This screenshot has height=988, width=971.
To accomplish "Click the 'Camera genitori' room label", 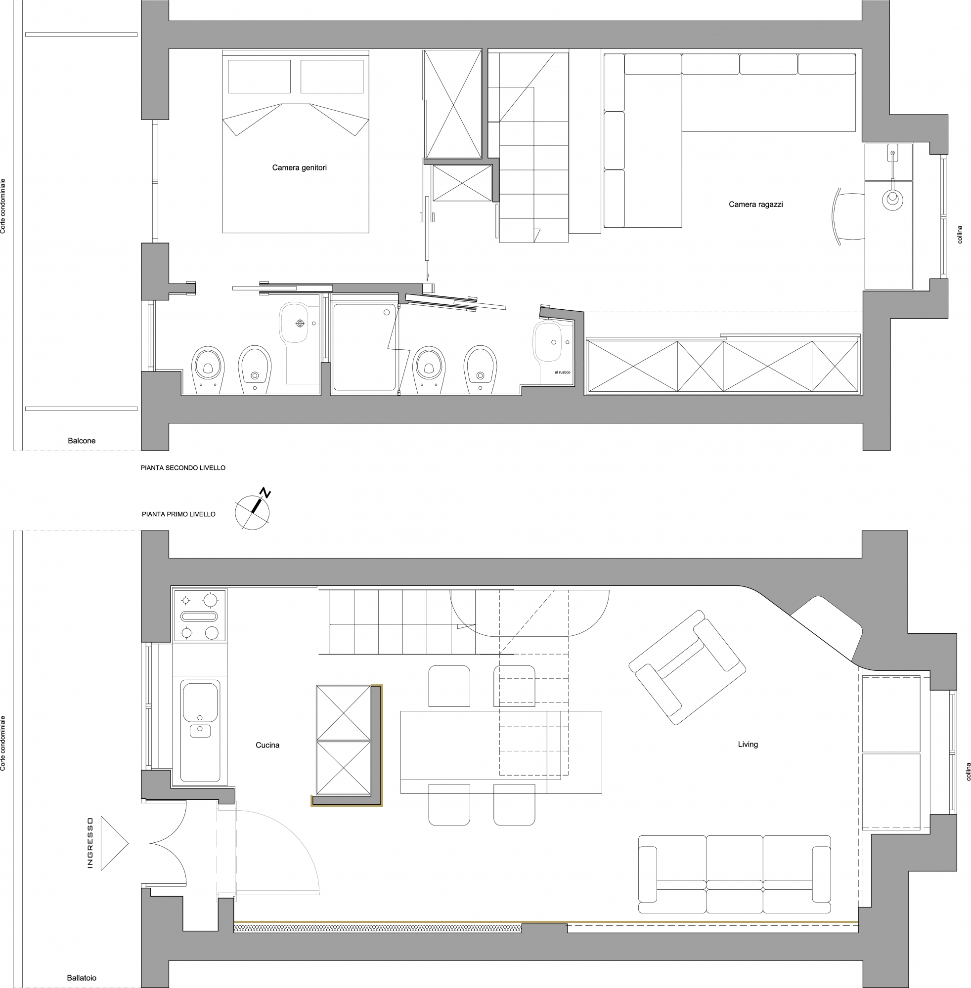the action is pyautogui.click(x=299, y=167).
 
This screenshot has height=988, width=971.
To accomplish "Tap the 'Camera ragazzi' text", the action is pyautogui.click(x=756, y=205).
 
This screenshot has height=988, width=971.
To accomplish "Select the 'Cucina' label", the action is pyautogui.click(x=267, y=745).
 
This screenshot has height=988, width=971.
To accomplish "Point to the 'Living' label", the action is pyautogui.click(x=748, y=744).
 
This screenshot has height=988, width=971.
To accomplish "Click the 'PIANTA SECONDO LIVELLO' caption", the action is pyautogui.click(x=183, y=468).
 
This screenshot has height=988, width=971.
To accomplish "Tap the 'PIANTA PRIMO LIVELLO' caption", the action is pyautogui.click(x=178, y=514).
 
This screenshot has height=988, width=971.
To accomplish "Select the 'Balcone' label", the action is pyautogui.click(x=82, y=441).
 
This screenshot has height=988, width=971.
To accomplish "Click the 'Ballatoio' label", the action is pyautogui.click(x=82, y=978).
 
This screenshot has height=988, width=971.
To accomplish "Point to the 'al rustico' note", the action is pyautogui.click(x=563, y=372).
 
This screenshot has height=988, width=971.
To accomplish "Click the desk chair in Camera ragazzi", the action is pyautogui.click(x=848, y=216).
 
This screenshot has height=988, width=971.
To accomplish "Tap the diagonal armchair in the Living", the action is pyautogui.click(x=687, y=667).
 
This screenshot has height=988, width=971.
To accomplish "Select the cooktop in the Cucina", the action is pyautogui.click(x=199, y=615).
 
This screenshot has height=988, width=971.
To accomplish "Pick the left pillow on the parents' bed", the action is pyautogui.click(x=259, y=77).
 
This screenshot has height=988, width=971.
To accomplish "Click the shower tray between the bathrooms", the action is pyautogui.click(x=364, y=347).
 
